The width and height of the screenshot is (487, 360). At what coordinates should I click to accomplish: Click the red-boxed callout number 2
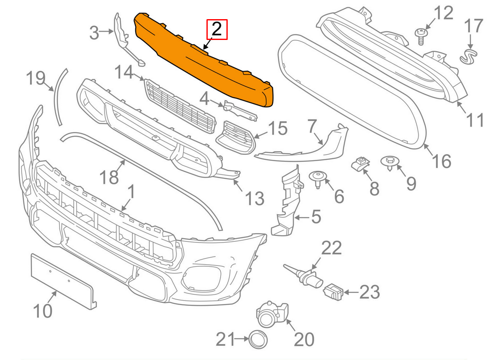[x=217, y=29]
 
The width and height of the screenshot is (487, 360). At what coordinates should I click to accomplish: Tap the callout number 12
[x=442, y=13]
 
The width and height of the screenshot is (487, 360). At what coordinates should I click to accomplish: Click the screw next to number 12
[x=421, y=35]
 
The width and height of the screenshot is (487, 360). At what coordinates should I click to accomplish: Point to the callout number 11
[x=475, y=120]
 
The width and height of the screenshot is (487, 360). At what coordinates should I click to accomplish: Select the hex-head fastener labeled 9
[x=390, y=163]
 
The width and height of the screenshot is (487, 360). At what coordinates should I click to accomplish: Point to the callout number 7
[x=313, y=126]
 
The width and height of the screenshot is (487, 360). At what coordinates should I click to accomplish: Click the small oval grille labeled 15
[x=236, y=137]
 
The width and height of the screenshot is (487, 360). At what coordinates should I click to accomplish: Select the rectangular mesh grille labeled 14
[x=181, y=106]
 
